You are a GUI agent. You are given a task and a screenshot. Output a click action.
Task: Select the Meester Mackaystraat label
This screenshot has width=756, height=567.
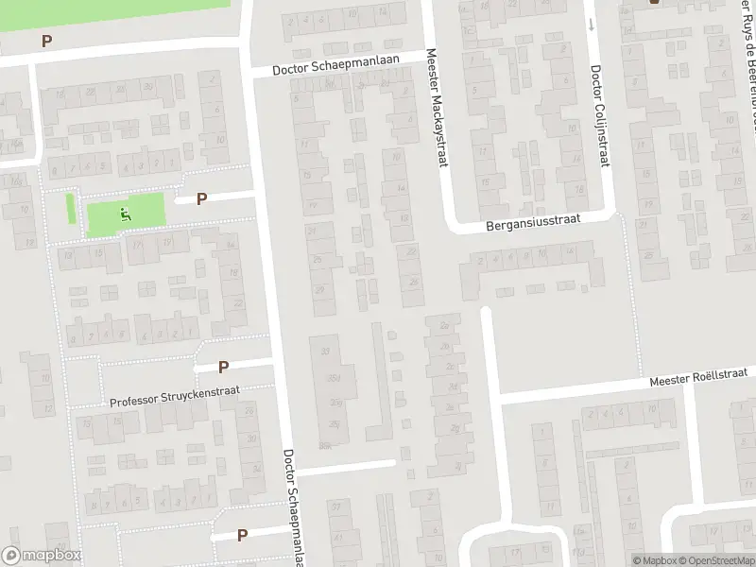[436, 109]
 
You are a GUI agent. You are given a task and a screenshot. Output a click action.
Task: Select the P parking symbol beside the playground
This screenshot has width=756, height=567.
[201, 199]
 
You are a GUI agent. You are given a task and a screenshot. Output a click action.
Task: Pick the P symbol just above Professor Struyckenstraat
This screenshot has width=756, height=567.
[224, 367]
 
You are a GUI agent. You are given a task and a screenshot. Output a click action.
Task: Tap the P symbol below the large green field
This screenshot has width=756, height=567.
[46, 42]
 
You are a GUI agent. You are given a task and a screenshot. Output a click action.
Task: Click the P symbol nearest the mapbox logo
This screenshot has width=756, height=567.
[243, 535]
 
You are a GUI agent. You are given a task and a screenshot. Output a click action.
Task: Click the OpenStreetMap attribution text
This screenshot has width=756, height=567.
[717, 560]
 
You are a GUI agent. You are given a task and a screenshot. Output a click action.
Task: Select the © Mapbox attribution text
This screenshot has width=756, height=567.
[654, 560]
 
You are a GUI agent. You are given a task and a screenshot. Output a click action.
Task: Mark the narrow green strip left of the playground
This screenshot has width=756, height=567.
[71, 208]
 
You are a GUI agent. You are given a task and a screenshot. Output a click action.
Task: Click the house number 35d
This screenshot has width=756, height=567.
[333, 379]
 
